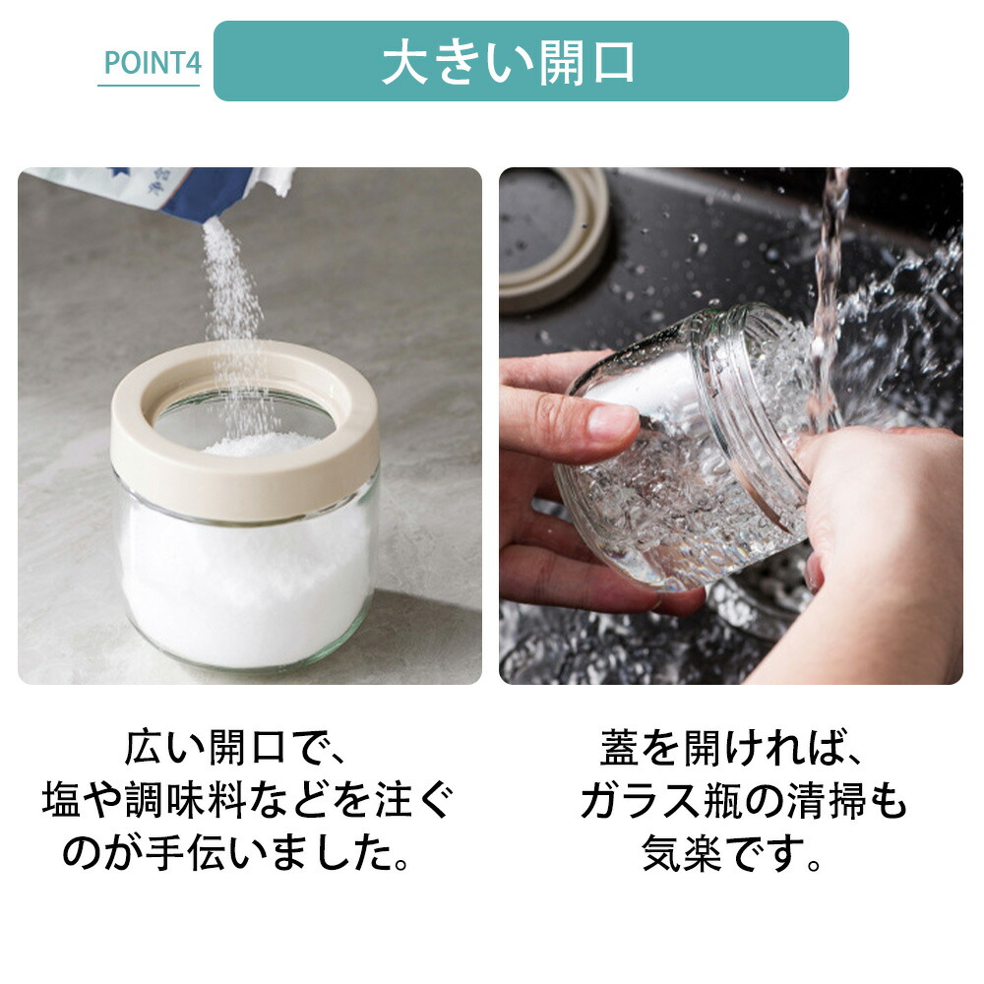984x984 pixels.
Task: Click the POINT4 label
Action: coord(152,63)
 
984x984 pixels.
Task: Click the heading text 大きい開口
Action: coord(509,62)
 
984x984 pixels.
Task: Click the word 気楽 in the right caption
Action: coord(682,853)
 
